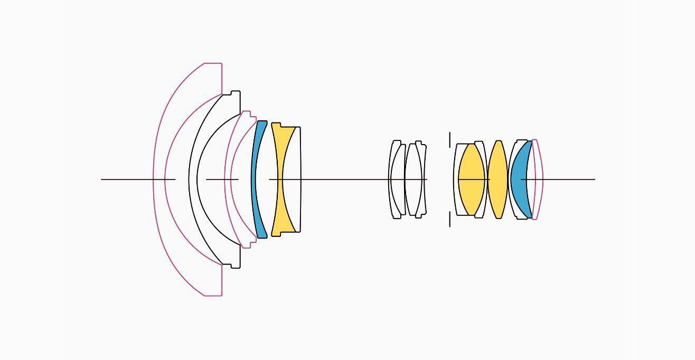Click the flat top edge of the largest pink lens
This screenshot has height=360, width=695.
pyautogui.click(x=213, y=64)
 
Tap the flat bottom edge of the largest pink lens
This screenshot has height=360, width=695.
pyautogui.click(x=213, y=295)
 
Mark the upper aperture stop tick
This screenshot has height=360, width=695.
pyautogui.click(x=450, y=139)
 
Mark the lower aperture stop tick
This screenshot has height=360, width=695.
pyautogui.click(x=450, y=220)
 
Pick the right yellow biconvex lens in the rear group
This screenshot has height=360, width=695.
pyautogui.click(x=497, y=179)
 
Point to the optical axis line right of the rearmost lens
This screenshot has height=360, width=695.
pyautogui.click(x=570, y=179)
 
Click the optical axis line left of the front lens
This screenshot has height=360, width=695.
pyautogui.click(x=127, y=179)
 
